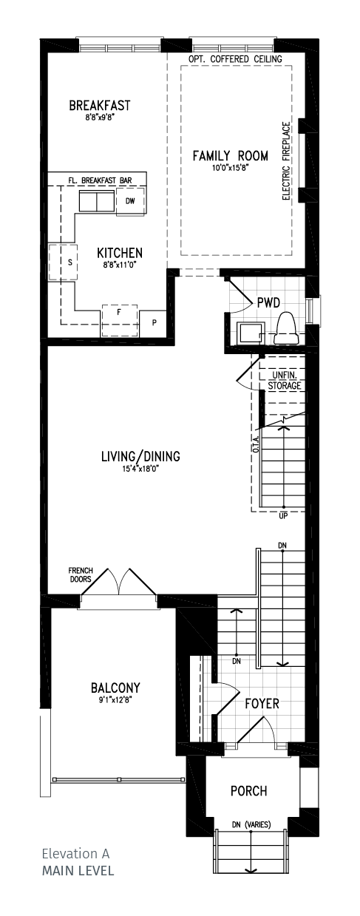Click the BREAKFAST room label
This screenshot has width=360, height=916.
pyautogui.click(x=99, y=106)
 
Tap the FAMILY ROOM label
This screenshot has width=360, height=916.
pyautogui.click(x=231, y=156)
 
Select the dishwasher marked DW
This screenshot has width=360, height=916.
pyautogui.click(x=131, y=201)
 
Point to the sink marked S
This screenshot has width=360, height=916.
pyautogui.click(x=63, y=262)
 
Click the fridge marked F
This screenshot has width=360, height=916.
pyautogui.click(x=120, y=321)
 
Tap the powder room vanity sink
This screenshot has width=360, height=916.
pyautogui.click(x=251, y=333)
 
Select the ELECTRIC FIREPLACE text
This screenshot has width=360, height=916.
pyautogui.click(x=286, y=160)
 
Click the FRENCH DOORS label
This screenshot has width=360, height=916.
pyautogui.click(x=80, y=574)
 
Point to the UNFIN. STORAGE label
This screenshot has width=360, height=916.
pyautogui.click(x=285, y=380)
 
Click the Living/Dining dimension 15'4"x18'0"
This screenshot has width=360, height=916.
pyautogui.click(x=140, y=469)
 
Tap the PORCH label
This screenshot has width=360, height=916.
pyautogui.click(x=248, y=791)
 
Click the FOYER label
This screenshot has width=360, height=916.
pyautogui.click(x=262, y=704)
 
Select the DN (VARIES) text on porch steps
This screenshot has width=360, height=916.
pyautogui.click(x=251, y=825)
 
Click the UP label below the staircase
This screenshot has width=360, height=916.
pyautogui.click(x=283, y=516)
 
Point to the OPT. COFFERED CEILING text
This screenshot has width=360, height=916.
pyautogui.click(x=235, y=59)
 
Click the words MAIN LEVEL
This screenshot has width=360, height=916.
pyautogui.click(x=78, y=871)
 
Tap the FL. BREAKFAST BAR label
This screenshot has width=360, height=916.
pyautogui.click(x=100, y=180)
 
